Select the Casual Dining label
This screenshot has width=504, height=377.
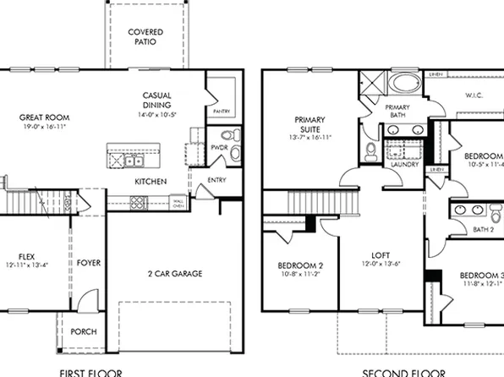pyautogui.click(x=159, y=101)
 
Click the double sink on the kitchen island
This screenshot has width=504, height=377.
pyautogui.click(x=134, y=161)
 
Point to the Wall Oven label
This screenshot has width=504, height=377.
pyautogui.click(x=178, y=203)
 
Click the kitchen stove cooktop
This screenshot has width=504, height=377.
pyautogui.click(x=138, y=201)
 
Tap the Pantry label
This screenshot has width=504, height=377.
pyautogui.click(x=222, y=111)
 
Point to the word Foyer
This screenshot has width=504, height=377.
pyautogui.click(x=89, y=263)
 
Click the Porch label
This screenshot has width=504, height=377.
pyautogui.click(x=83, y=331)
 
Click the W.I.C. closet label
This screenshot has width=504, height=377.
pyautogui.click(x=473, y=96)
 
